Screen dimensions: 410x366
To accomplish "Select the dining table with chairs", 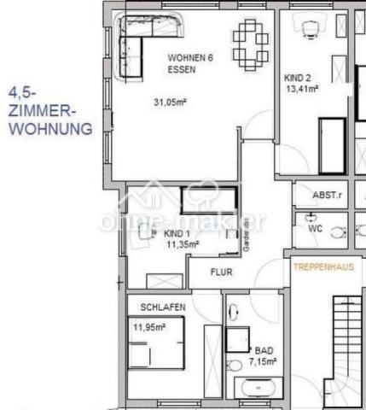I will [x=251, y=44].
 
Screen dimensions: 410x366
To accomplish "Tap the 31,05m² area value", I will [x=169, y=102].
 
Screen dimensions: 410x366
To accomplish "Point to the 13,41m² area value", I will [x=302, y=87].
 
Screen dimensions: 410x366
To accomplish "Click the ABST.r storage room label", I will [x=326, y=195].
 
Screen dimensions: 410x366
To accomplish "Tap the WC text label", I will [x=317, y=229].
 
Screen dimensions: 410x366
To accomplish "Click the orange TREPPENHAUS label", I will [x=323, y=266].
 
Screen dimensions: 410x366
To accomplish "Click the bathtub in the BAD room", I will [x=257, y=389].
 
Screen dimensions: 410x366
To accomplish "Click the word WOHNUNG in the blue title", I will [x=50, y=130].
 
